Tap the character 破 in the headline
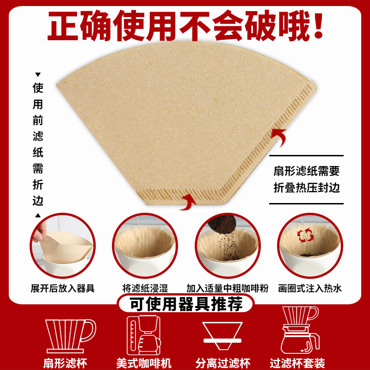[x=260, y=25]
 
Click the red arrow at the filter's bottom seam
[x=188, y=202]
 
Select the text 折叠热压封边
[x=307, y=188]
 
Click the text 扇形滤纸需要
[x=307, y=171]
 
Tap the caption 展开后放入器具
[x=62, y=288]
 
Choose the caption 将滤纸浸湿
[x=145, y=288]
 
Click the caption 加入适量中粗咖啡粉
[x=227, y=288]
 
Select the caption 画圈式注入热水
[x=310, y=288]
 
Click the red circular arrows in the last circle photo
[x=305, y=235]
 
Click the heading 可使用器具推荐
[x=186, y=304]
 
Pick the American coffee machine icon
[x=143, y=335]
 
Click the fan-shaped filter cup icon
[x=70, y=336]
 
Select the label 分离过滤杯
[x=223, y=363]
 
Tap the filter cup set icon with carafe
[x=300, y=330]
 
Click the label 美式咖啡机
[x=144, y=363]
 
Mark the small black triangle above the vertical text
[x=38, y=74]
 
